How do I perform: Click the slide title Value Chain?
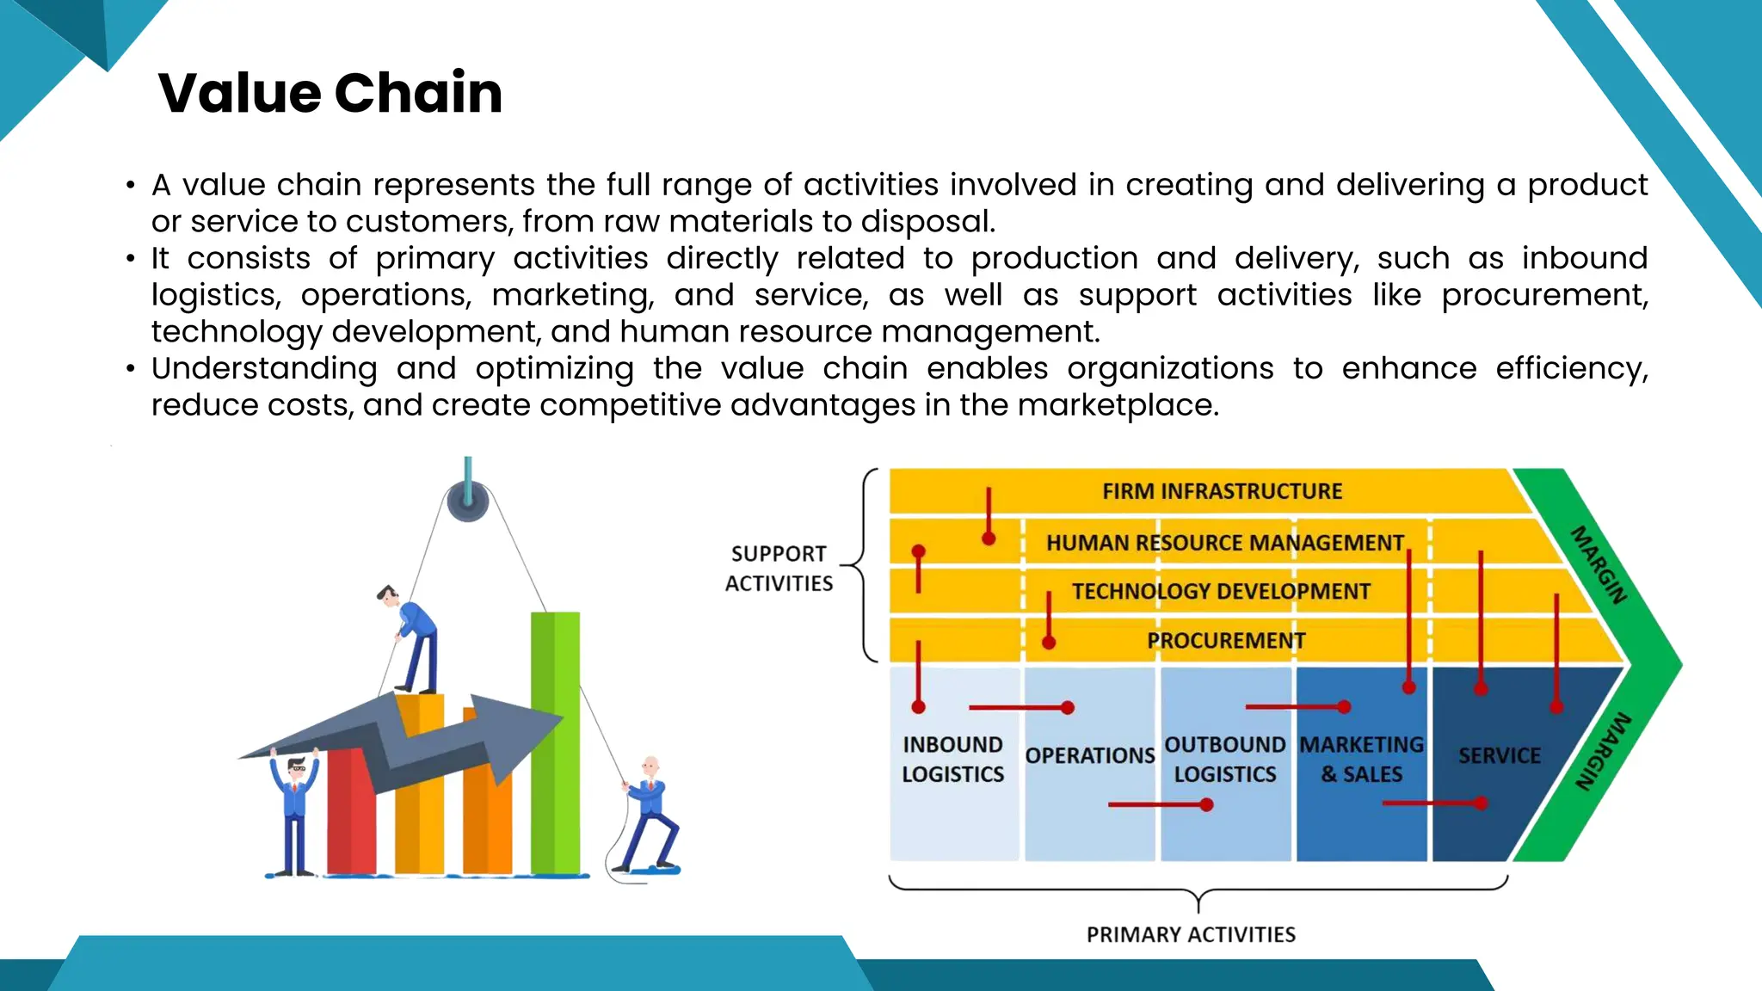tap(330, 93)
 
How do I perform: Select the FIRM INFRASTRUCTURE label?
tap(1222, 491)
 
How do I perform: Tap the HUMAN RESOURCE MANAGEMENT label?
tap(1224, 543)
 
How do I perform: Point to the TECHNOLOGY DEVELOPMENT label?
tap(1221, 592)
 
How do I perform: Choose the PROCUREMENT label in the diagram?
tap(1226, 641)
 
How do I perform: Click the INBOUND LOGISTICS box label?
tap(952, 759)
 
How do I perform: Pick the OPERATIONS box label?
tap(1089, 755)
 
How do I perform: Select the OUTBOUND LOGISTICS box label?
tap(1225, 759)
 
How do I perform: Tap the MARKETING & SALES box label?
tap(1361, 759)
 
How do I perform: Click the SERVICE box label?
tap(1499, 755)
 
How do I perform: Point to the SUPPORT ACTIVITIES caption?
tap(779, 569)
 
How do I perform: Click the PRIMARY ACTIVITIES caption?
tap(1191, 934)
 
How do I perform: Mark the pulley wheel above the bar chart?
tap(468, 502)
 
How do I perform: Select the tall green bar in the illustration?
tap(555, 740)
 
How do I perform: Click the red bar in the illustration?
tap(351, 813)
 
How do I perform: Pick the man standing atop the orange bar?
tap(411, 637)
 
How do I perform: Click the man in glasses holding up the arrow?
tap(295, 809)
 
